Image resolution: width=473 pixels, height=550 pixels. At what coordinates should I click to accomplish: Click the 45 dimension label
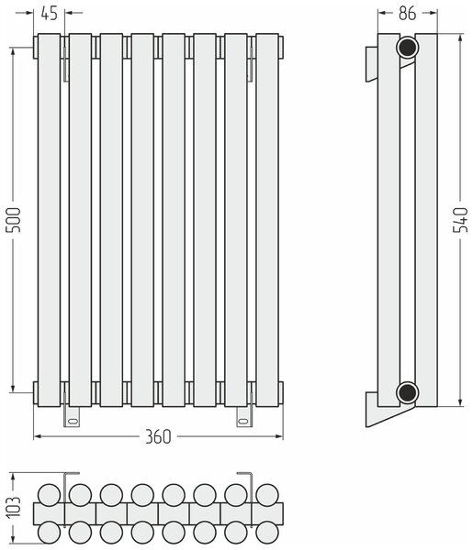(x=50, y=14)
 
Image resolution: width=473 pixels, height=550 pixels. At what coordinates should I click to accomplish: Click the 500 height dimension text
(x=15, y=220)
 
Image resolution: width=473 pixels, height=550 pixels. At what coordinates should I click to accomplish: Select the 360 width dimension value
(x=158, y=436)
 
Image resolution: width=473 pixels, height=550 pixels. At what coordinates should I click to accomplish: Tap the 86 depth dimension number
(x=407, y=14)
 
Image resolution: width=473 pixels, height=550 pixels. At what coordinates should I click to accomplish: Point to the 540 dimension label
(x=460, y=220)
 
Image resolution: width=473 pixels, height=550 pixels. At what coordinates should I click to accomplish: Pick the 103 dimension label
(x=15, y=507)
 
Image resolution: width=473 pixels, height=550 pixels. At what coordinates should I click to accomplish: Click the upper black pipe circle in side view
(x=407, y=47)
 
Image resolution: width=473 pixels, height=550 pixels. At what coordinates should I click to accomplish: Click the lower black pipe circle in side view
(x=407, y=392)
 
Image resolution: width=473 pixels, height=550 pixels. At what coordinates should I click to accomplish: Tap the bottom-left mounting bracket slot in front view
(x=73, y=420)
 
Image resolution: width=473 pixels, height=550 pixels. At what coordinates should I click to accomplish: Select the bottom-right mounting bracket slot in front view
(x=242, y=420)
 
